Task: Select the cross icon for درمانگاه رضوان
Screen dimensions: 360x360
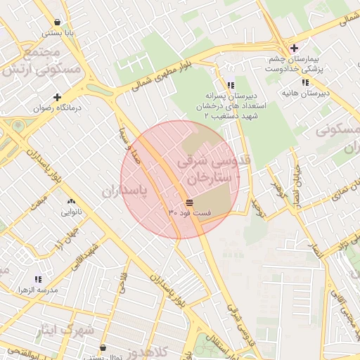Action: (x=57, y=97)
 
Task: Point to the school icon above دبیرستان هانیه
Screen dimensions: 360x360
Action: (x=304, y=82)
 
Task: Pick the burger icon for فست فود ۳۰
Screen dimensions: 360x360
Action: (x=190, y=202)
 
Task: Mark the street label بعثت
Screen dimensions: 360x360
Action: (x=41, y=204)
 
